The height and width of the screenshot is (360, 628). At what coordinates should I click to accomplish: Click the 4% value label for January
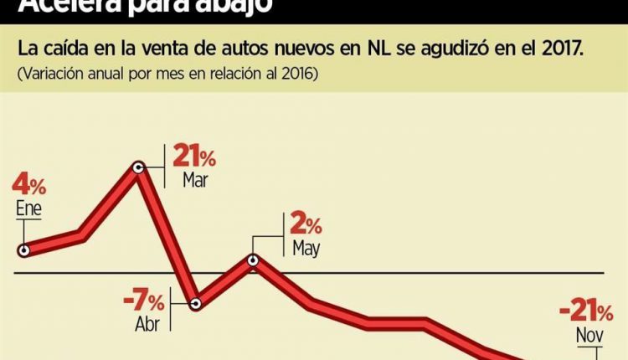pos(29,183)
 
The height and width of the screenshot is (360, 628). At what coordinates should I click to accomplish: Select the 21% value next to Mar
pos(194,157)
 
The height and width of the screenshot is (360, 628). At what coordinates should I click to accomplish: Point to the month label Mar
pos(194,180)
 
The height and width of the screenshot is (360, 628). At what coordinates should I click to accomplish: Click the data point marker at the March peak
pos(141,167)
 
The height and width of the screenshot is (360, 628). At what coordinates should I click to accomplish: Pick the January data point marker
pos(24,249)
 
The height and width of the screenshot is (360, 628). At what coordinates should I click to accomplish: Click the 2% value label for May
pos(305,224)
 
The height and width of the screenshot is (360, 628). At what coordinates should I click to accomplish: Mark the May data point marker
pos(255,261)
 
